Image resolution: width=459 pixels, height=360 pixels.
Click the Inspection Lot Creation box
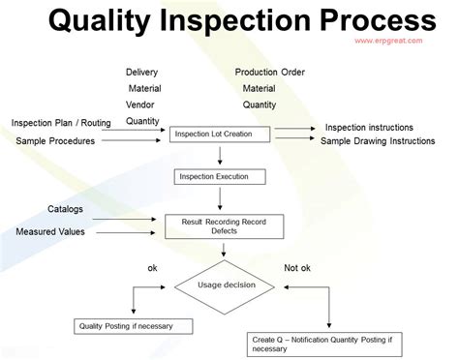pyautogui.click(x=221, y=133)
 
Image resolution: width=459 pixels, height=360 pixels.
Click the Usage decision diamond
pyautogui.click(x=224, y=285)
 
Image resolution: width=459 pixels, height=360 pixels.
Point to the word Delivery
pyautogui.click(x=142, y=73)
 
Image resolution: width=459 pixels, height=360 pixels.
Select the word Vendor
pyautogui.click(x=141, y=105)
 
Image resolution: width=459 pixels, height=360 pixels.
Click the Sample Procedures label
pyautogui.click(x=56, y=141)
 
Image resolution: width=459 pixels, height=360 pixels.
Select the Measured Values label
pyautogui.click(x=50, y=232)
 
